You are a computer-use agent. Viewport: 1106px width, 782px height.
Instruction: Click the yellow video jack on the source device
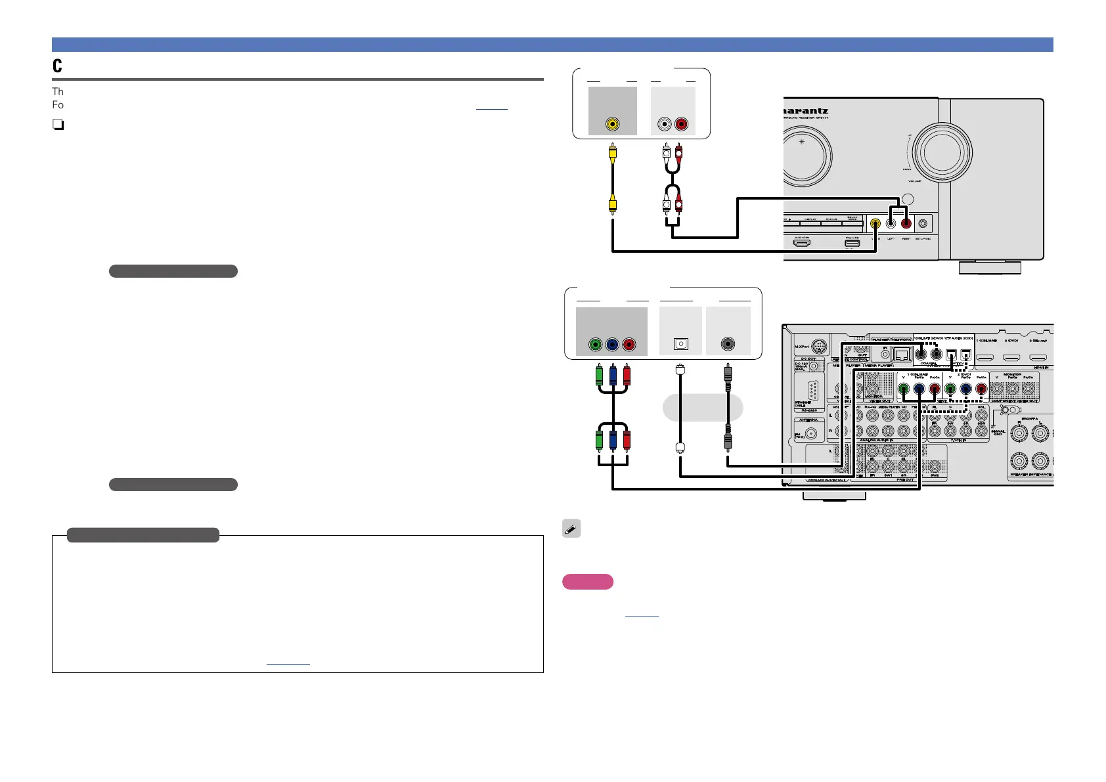coord(612,123)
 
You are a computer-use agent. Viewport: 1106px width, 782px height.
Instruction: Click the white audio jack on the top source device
coord(666,123)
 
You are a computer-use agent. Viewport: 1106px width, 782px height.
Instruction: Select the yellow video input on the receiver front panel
coord(875,223)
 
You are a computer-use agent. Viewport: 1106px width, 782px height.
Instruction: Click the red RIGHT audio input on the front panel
coord(906,223)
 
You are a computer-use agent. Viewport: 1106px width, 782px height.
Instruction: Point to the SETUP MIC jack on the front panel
coord(923,224)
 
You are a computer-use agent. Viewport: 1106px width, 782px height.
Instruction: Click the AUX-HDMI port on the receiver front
coord(801,243)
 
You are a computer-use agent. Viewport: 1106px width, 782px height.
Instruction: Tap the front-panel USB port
coord(852,243)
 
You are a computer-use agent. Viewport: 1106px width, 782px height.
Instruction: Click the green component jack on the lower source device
coord(595,344)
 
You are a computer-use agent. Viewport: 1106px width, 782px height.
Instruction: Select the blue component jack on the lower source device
coord(612,344)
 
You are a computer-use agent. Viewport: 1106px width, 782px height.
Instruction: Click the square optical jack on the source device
coord(681,344)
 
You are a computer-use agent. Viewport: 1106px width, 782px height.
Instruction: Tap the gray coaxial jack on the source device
coord(727,344)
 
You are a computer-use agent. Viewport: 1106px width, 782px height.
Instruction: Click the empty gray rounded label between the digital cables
coord(703,408)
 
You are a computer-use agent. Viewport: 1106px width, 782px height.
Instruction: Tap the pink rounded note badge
coord(588,582)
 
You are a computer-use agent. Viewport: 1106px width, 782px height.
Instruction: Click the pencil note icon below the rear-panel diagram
coord(571,529)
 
